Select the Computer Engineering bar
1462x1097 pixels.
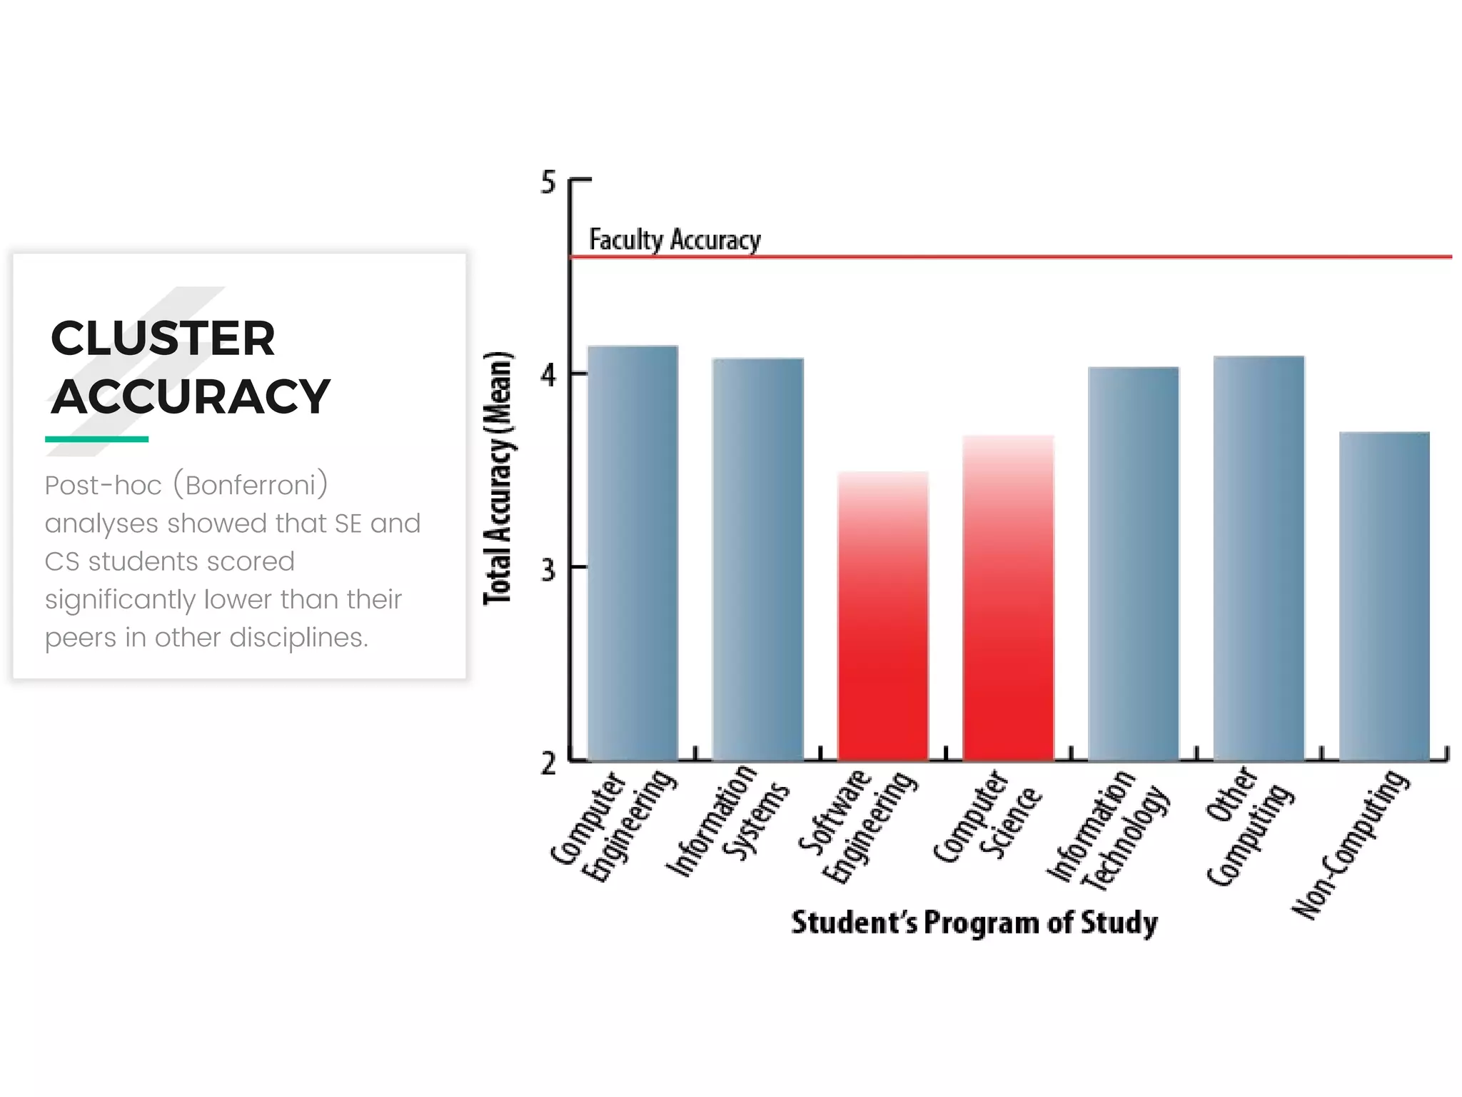632,553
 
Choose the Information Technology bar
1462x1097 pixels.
1133,564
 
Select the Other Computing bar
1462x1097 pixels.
1259,558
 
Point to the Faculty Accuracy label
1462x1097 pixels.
675,240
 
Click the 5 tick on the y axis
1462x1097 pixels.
548,182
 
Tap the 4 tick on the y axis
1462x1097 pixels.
548,374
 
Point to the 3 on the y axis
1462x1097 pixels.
548,570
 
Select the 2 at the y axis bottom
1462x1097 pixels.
548,763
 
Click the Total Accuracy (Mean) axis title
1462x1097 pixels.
498,479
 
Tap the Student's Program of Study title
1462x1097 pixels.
974,923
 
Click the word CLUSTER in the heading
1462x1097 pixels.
163,339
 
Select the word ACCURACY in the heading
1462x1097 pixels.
191,397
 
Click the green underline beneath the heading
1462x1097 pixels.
96,439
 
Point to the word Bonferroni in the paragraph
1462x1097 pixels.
250,486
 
